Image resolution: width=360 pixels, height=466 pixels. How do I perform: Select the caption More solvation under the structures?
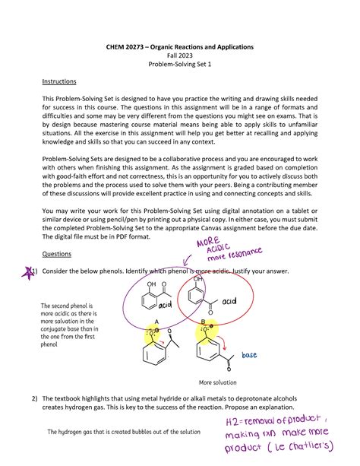point(217,382)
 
